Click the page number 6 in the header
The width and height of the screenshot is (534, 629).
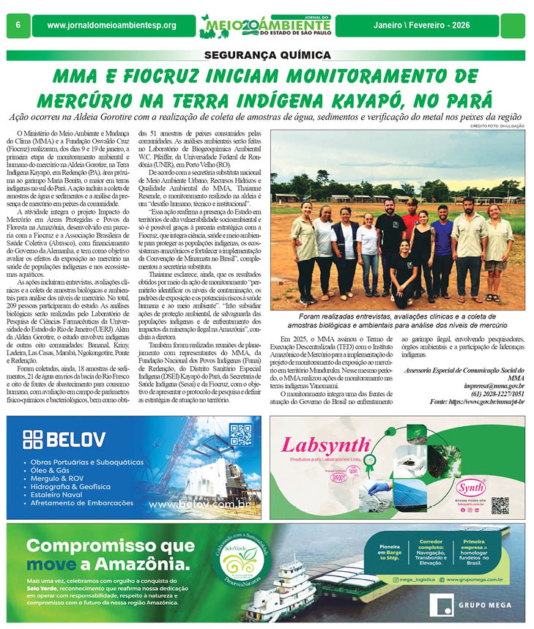pyautogui.click(x=16, y=26)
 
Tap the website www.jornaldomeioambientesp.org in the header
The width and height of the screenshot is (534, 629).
pyautogui.click(x=111, y=26)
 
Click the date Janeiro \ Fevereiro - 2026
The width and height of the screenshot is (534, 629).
pyautogui.click(x=442, y=26)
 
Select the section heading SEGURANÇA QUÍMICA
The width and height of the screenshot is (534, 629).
pyautogui.click(x=267, y=55)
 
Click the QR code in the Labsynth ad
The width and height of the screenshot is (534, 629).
pyautogui.click(x=500, y=505)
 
